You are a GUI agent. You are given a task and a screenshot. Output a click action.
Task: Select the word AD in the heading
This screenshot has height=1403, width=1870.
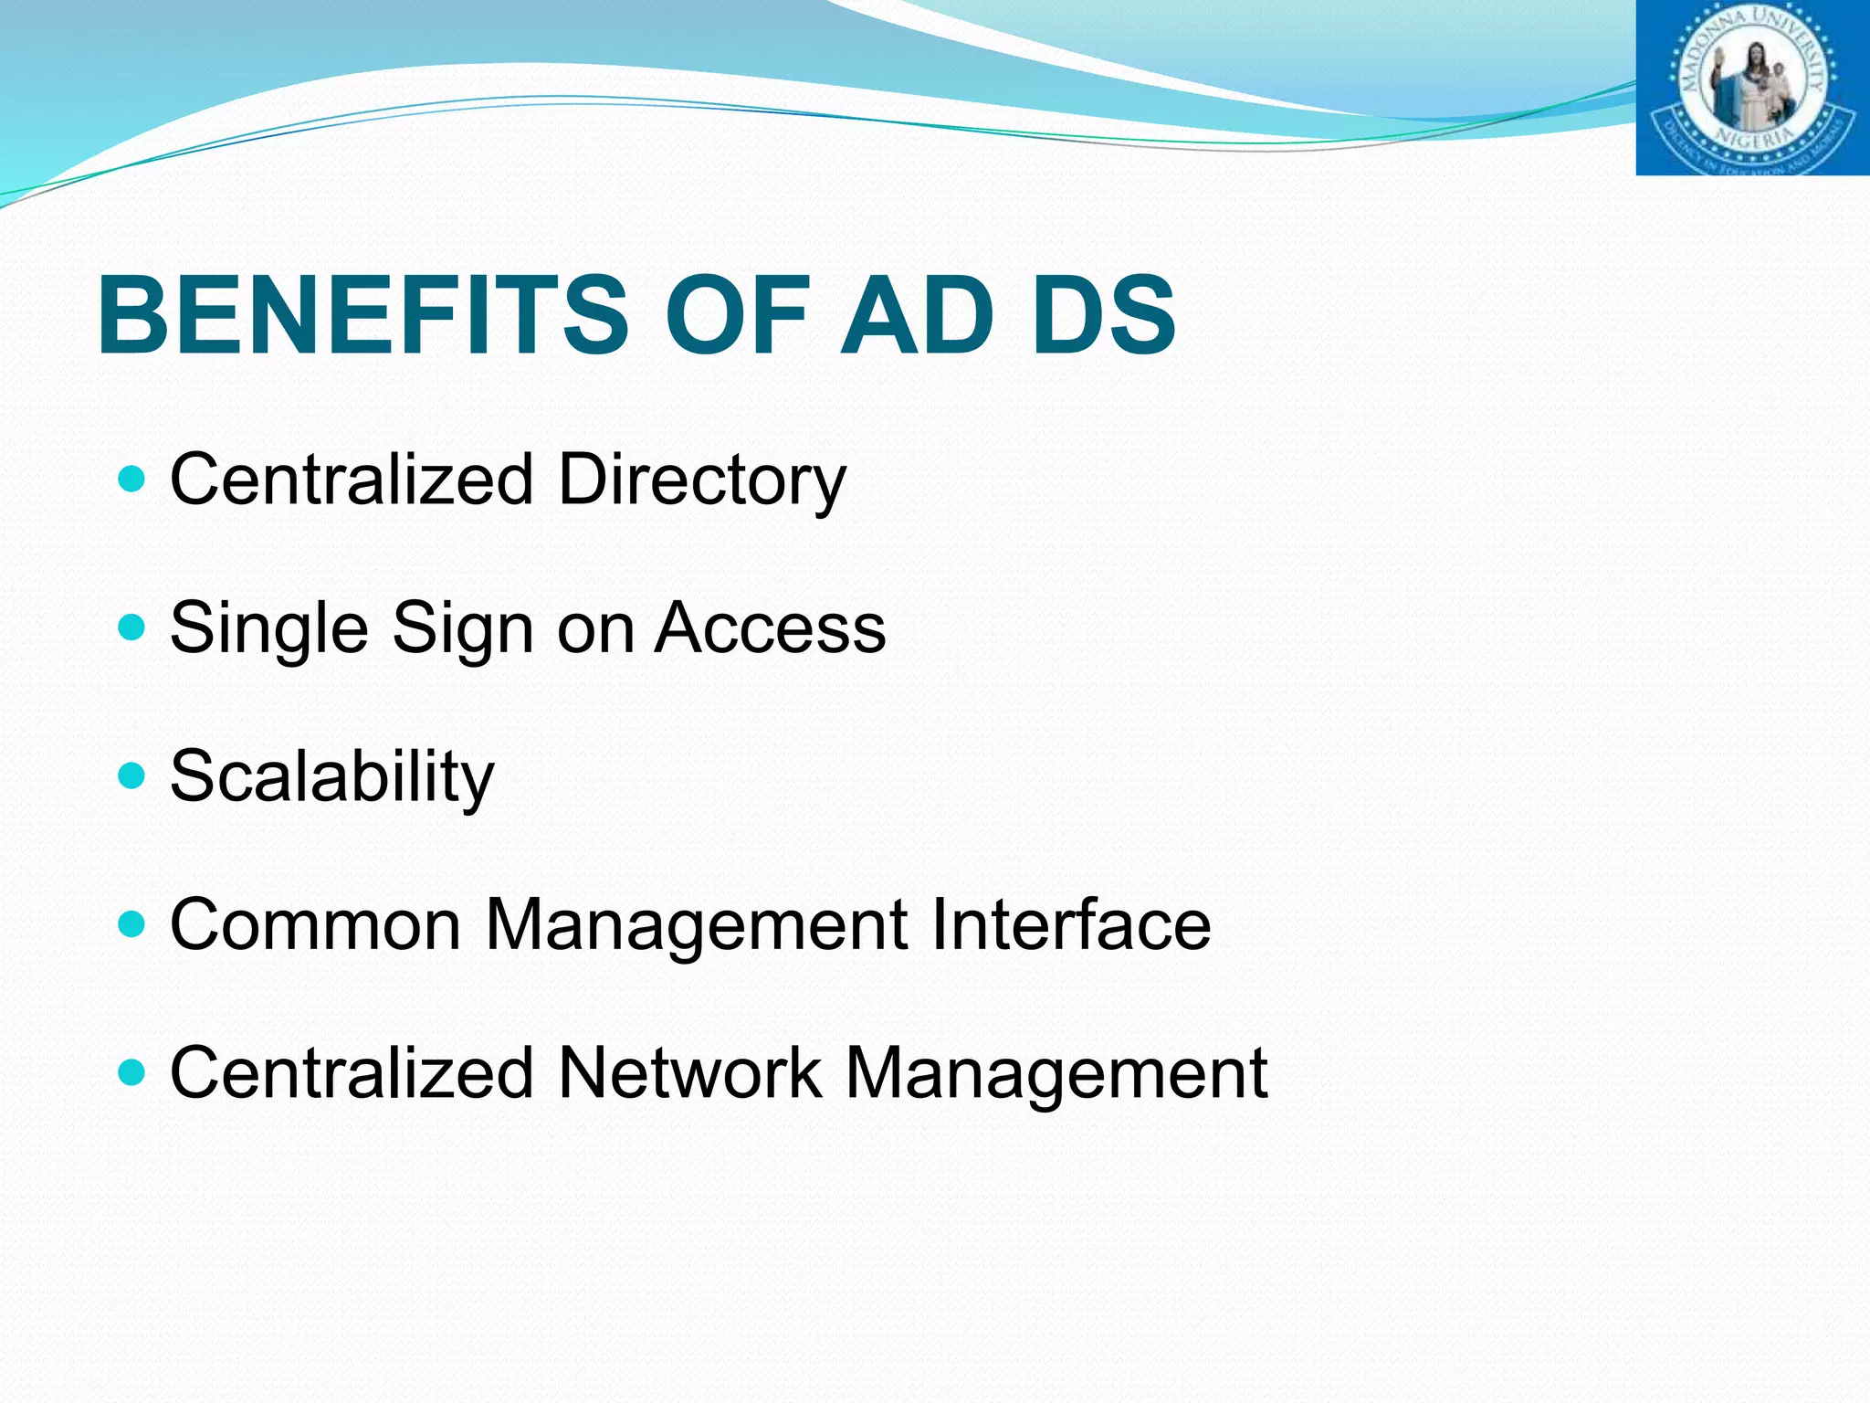(x=917, y=315)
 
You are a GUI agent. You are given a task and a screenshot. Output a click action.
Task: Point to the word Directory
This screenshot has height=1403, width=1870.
(x=701, y=480)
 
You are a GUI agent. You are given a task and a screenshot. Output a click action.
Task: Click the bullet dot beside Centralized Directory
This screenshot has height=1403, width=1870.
(x=132, y=478)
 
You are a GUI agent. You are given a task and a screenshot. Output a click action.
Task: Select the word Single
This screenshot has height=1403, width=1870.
(x=269, y=629)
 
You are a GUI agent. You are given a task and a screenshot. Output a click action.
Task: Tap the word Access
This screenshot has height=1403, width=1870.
(x=770, y=628)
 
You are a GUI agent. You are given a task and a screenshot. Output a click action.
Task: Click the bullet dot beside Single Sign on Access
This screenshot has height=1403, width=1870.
(x=132, y=627)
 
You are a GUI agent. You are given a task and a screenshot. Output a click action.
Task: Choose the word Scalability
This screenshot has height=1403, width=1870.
(x=332, y=777)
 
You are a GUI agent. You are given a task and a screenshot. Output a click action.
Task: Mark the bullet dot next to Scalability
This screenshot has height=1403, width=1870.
(x=132, y=775)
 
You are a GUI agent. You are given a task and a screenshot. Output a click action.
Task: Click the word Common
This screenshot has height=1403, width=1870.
(x=316, y=924)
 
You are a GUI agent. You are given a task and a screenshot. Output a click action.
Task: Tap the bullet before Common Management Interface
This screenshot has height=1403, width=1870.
(x=132, y=923)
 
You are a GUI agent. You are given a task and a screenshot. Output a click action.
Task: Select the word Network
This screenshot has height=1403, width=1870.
(x=689, y=1072)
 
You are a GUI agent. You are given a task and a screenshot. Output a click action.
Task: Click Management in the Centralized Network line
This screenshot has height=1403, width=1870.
(x=1056, y=1072)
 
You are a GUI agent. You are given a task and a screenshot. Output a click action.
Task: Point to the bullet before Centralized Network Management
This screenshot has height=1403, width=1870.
(x=132, y=1071)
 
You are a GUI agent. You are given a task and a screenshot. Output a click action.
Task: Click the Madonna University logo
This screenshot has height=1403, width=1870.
(x=1751, y=88)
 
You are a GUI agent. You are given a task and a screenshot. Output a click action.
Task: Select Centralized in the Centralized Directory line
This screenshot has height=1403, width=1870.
(x=352, y=480)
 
